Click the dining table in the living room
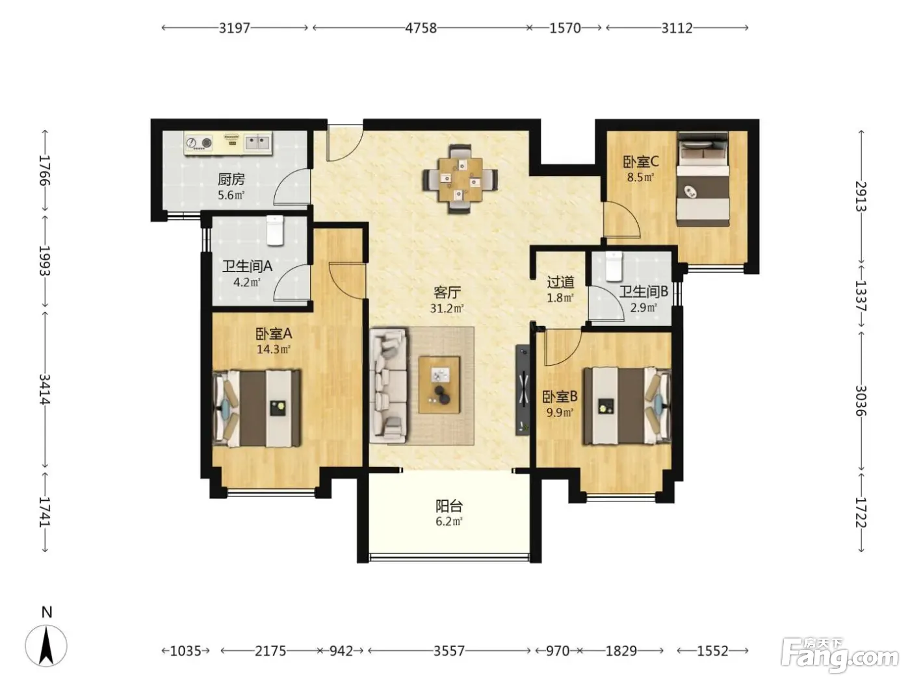(x=460, y=179)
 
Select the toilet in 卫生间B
(x=614, y=266)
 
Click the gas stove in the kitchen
(x=199, y=142)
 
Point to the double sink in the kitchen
(x=257, y=142)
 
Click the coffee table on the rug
(x=439, y=385)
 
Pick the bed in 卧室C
(x=703, y=179)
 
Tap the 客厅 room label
(x=447, y=292)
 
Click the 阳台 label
(x=449, y=505)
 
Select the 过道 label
(x=560, y=282)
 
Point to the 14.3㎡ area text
(x=273, y=349)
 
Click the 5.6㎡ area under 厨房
(x=231, y=195)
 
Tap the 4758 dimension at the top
(x=421, y=28)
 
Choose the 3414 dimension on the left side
(x=45, y=389)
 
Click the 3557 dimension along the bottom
(x=449, y=651)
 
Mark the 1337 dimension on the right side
(x=861, y=296)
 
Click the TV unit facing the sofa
(x=523, y=390)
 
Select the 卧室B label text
(x=560, y=397)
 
